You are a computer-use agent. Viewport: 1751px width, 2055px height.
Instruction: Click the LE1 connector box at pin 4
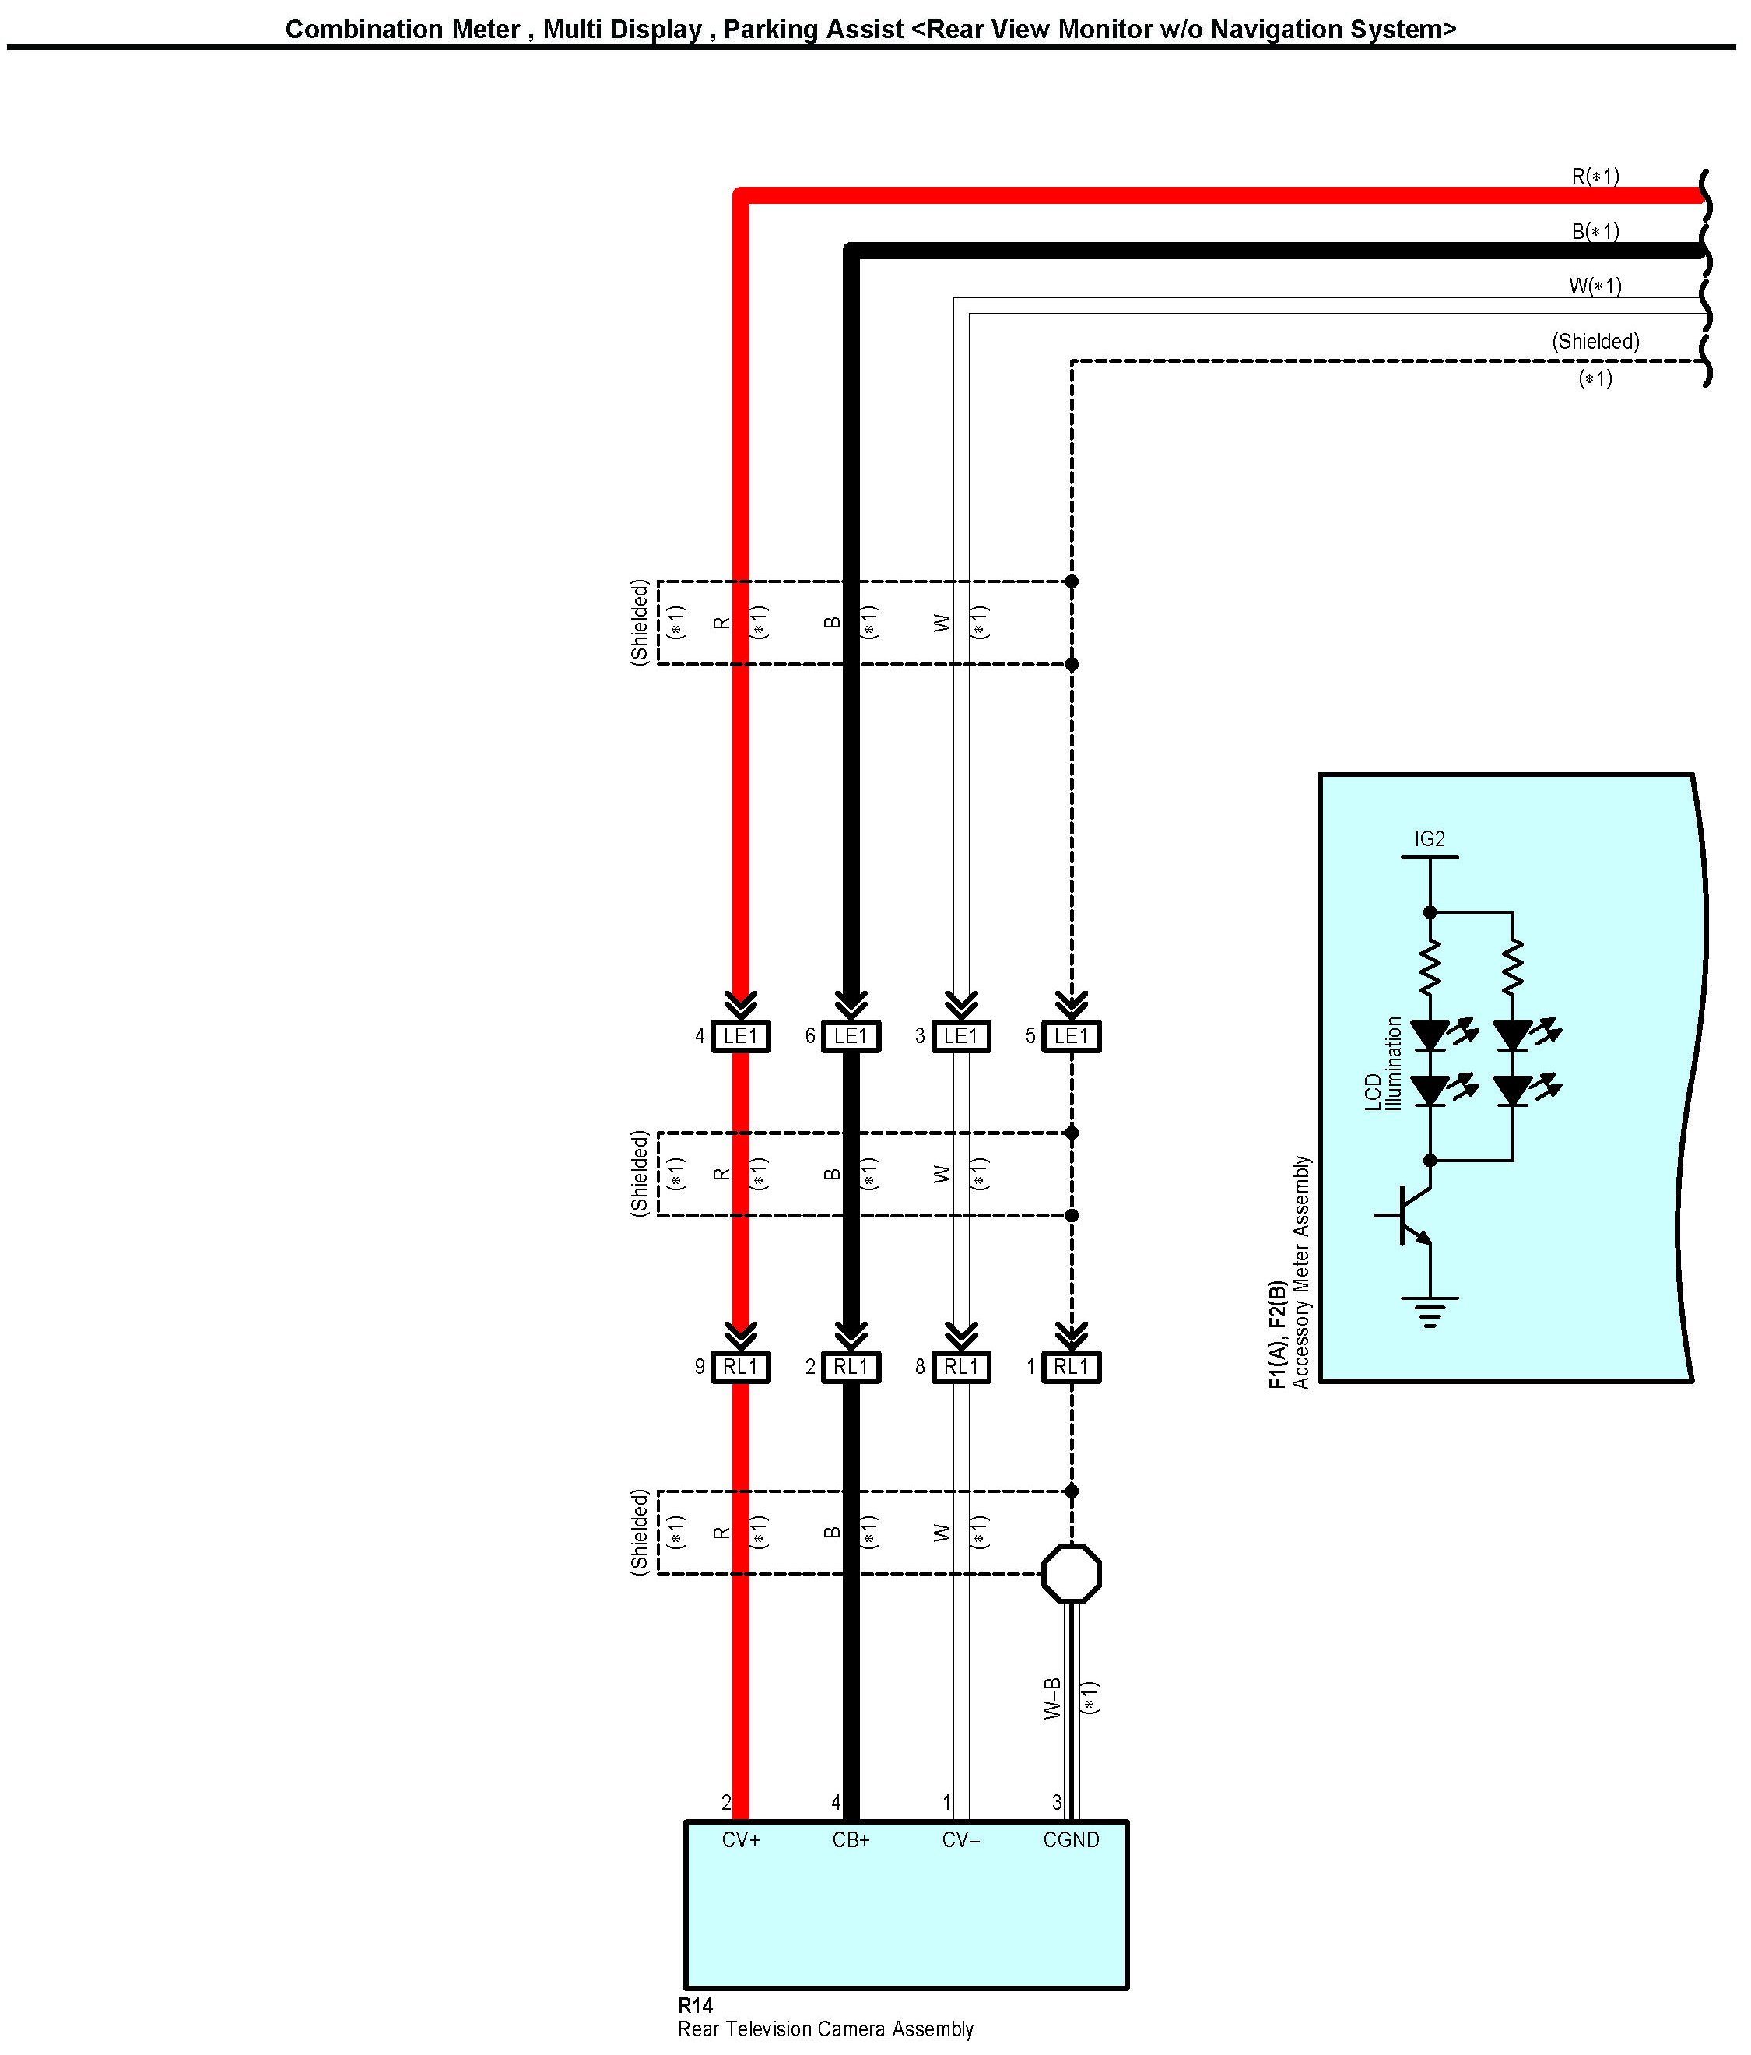(741, 1036)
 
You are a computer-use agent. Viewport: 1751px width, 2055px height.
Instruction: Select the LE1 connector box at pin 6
(851, 1036)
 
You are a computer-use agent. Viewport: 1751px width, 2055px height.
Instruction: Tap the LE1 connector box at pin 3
(961, 1036)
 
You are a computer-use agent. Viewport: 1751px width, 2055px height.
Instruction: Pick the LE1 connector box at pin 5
(1071, 1036)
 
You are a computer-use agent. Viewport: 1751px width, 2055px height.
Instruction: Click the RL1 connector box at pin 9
(741, 1367)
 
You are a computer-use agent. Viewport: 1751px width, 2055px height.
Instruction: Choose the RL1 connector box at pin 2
(851, 1367)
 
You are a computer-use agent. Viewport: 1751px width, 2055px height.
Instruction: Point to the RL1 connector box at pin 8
(961, 1367)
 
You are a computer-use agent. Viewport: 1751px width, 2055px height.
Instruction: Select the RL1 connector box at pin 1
(1071, 1367)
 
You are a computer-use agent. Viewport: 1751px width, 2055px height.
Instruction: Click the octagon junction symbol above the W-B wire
(1071, 1573)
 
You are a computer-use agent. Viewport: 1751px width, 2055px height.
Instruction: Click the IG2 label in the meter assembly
(1429, 839)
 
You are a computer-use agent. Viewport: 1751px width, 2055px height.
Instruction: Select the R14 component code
(695, 2005)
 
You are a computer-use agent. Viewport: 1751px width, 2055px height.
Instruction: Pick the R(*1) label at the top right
(1595, 177)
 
